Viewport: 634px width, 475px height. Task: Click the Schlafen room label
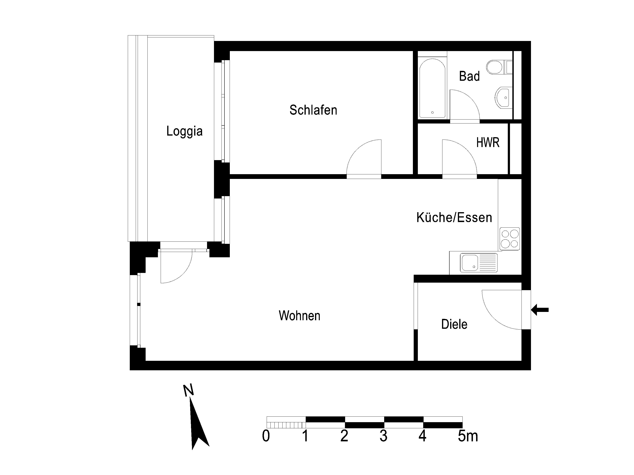point(313,110)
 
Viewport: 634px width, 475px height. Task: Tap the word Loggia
point(185,131)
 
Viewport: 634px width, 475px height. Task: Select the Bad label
point(470,76)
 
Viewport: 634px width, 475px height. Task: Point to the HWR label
point(488,142)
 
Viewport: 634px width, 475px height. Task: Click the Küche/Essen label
point(454,218)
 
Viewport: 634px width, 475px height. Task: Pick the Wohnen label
point(300,316)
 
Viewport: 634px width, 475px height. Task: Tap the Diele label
point(454,324)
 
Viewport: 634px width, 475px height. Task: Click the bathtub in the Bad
point(433,88)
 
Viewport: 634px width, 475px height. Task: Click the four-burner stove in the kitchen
point(510,239)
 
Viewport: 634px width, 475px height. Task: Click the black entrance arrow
point(540,310)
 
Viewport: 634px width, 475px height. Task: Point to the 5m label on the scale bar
point(468,436)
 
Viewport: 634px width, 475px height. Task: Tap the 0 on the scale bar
point(266,436)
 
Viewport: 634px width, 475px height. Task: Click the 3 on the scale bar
point(384,436)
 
